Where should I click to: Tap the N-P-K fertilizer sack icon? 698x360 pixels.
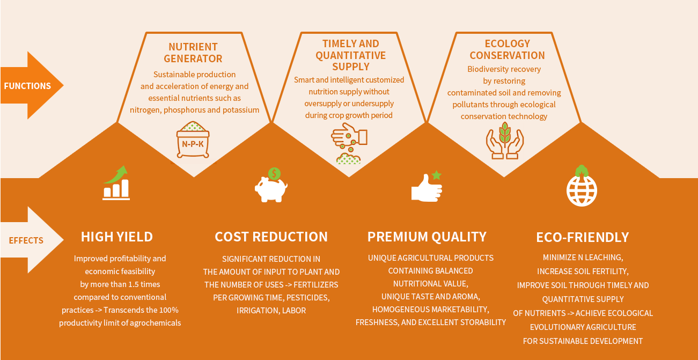pyautogui.click(x=193, y=140)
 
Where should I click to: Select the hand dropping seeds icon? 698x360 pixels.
pyautogui.click(x=349, y=143)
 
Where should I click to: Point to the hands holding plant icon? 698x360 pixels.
pyautogui.click(x=505, y=141)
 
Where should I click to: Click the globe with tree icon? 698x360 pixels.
pyautogui.click(x=582, y=186)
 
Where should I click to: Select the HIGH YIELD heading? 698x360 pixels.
pyautogui.click(x=117, y=237)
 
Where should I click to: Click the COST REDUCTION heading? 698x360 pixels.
pyautogui.click(x=271, y=237)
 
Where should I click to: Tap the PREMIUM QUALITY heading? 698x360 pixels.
pyautogui.click(x=427, y=237)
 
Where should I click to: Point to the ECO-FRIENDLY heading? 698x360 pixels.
pyautogui.click(x=583, y=237)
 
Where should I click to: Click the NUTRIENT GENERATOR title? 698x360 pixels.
pyautogui.click(x=193, y=53)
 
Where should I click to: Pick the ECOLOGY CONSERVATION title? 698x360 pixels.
pyautogui.click(x=508, y=49)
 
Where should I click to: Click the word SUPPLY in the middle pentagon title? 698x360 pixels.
pyautogui.click(x=351, y=67)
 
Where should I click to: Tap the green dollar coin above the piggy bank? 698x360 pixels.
pyautogui.click(x=274, y=174)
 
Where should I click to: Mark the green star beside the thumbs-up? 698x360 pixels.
pyautogui.click(x=437, y=175)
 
